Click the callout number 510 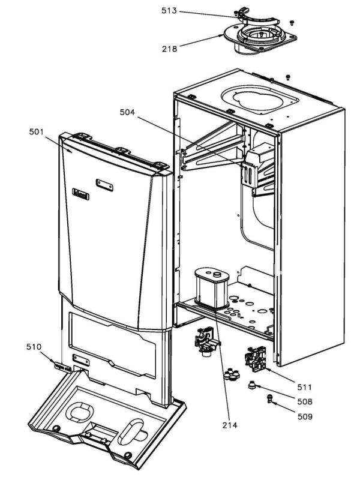pyautogui.click(x=34, y=347)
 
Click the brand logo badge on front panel pyautogui.click(x=80, y=193)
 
